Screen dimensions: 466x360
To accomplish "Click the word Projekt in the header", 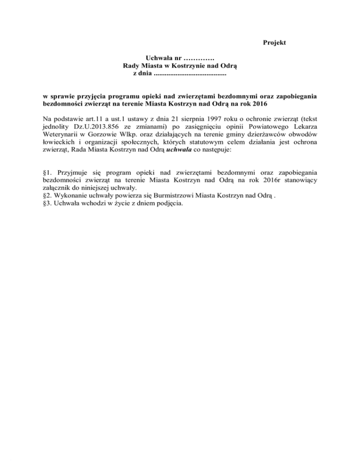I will tap(274, 43).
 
